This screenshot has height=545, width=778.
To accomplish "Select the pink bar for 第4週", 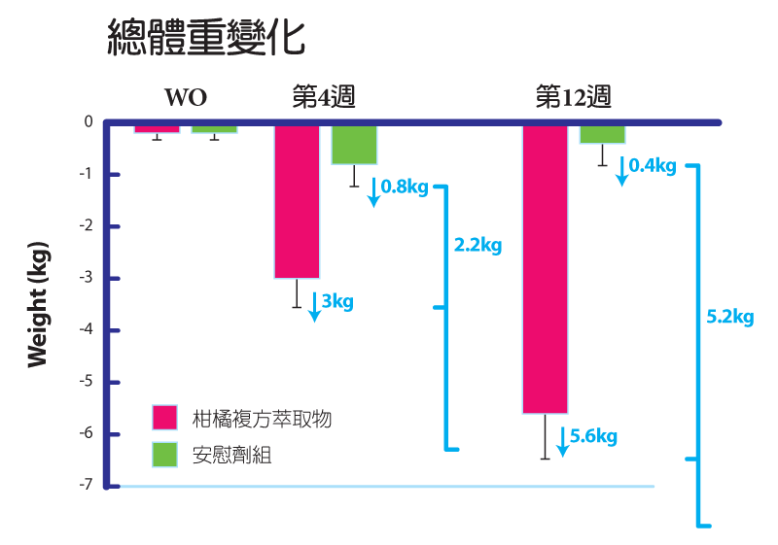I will pyautogui.click(x=297, y=202).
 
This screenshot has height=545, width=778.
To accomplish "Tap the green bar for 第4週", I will pyautogui.click(x=354, y=145).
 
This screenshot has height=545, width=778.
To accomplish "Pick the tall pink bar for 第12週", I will pyautogui.click(x=546, y=269).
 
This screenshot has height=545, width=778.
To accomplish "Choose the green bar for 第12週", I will pyautogui.click(x=603, y=134).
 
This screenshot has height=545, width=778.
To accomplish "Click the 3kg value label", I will pyautogui.click(x=337, y=301).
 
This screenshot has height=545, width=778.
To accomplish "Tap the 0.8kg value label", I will pyautogui.click(x=404, y=187).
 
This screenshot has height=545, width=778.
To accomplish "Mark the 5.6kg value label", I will pyautogui.click(x=593, y=436).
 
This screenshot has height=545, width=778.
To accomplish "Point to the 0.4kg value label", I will pyautogui.click(x=653, y=166).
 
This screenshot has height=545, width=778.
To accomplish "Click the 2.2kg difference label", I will pyautogui.click(x=477, y=246).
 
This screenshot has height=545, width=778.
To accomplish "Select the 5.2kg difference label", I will pyautogui.click(x=729, y=317).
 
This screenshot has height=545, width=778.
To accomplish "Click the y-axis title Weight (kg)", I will pyautogui.click(x=39, y=304).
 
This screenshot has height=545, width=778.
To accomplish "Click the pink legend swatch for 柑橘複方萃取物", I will pyautogui.click(x=164, y=418).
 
